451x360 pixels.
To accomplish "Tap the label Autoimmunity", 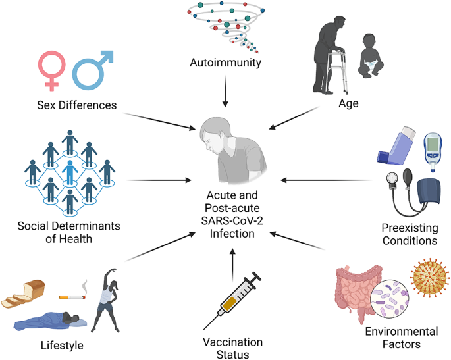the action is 225,63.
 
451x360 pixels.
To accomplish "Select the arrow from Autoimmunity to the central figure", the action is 225,91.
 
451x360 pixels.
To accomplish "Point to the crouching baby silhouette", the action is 371,56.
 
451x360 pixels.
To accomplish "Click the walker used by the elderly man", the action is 337,71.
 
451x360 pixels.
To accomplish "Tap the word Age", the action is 348,103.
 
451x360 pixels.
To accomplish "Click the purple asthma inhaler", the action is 396,145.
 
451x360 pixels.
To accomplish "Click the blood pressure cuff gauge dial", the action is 392,179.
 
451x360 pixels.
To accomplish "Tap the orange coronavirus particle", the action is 430,276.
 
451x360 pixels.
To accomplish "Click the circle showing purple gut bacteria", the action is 390,299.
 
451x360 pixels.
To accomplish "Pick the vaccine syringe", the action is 232,301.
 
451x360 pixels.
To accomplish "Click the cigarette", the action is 72,296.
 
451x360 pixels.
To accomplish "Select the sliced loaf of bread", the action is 23,294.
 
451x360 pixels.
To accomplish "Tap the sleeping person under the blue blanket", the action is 50,321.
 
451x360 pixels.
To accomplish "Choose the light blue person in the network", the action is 70,172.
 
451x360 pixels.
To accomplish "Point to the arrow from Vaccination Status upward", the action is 232,265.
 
